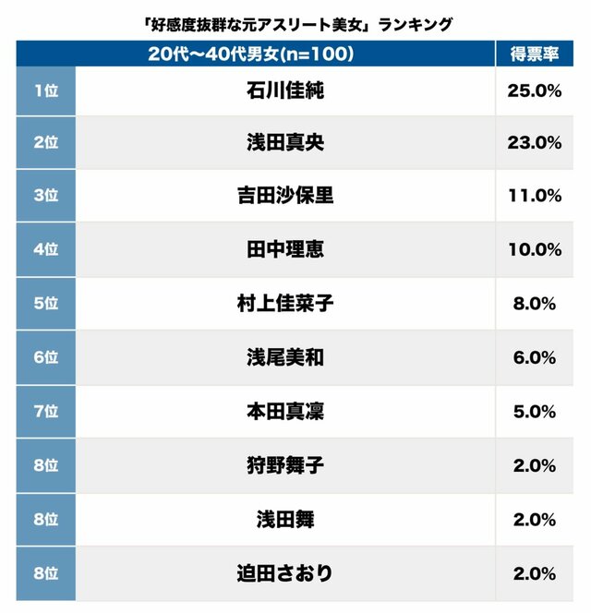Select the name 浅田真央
point(285,143)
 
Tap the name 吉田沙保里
point(285,196)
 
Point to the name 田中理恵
point(285,249)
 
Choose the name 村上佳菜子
point(285,304)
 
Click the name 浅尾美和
point(285,357)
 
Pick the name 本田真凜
point(285,411)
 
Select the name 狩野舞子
point(285,465)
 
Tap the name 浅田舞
point(285,520)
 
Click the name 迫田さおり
point(285,573)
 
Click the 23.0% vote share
point(534,143)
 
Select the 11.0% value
point(534,196)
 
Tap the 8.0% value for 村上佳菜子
point(534,304)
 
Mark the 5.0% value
point(534,411)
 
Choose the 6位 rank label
point(45,357)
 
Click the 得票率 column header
point(534,54)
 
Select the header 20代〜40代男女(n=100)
point(251,54)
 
